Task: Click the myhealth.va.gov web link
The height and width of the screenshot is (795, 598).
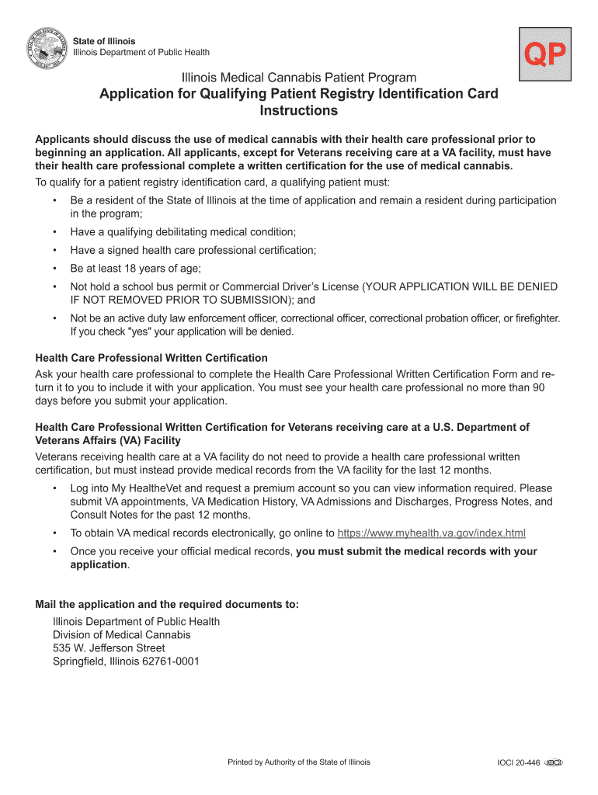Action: click(433, 533)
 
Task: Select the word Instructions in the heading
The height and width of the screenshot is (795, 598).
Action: click(298, 111)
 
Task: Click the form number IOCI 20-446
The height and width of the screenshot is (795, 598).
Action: click(518, 763)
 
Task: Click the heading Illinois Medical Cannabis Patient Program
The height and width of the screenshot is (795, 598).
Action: click(299, 78)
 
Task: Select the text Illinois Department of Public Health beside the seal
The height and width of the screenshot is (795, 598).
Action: click(141, 53)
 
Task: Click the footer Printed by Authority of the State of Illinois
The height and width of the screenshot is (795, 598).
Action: click(299, 762)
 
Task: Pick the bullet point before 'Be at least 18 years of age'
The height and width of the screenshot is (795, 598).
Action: click(55, 269)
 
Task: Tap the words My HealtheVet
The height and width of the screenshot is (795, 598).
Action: click(137, 488)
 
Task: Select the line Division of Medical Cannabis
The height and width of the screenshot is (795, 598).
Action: click(122, 635)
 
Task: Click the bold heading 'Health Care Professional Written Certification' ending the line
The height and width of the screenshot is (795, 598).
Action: click(152, 358)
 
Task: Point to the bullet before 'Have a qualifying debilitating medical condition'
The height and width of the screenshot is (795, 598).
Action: click(55, 232)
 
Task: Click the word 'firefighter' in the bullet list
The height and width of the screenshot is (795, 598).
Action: click(534, 318)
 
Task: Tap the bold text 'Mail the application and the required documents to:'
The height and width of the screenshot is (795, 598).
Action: click(167, 605)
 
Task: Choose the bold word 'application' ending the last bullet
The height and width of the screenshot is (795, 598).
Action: click(99, 564)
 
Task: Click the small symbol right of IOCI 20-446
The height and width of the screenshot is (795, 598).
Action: click(552, 763)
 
